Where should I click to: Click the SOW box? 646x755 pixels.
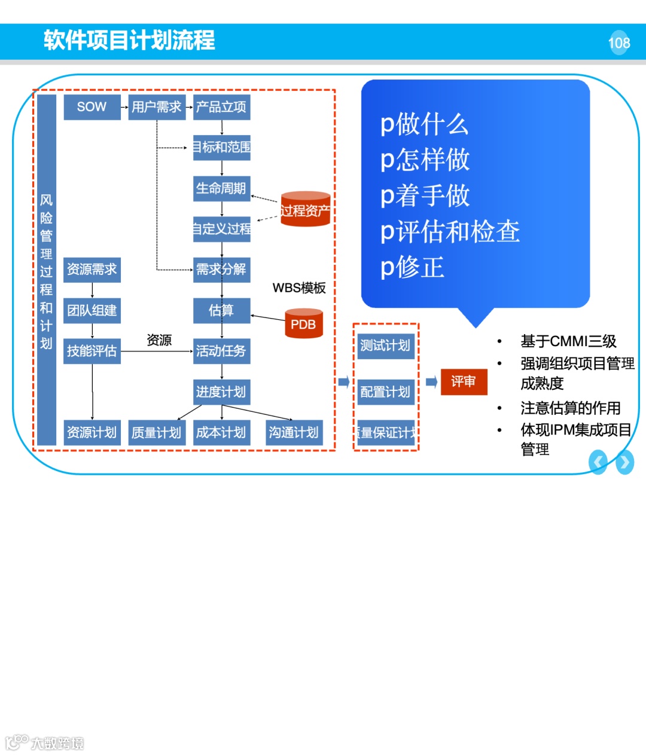92,107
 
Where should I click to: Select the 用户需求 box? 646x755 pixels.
157,107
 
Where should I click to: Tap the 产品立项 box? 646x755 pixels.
221,107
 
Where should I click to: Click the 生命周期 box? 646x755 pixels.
221,188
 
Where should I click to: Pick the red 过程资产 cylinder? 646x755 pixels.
305,209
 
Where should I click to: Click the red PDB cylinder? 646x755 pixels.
303,324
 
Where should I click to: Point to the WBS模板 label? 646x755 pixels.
299,288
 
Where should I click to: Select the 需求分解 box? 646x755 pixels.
221,270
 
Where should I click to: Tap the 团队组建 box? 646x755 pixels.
92,310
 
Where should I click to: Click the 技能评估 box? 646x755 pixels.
92,351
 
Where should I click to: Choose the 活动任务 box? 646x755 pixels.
221,351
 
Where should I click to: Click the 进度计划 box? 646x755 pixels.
221,392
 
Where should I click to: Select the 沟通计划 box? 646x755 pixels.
294,432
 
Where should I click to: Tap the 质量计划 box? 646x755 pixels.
157,432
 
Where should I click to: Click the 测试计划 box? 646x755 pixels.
385,346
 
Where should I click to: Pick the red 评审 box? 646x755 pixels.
464,381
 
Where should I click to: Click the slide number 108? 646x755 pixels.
619,43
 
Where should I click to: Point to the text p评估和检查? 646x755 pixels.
450,231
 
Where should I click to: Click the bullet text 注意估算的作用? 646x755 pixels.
570,408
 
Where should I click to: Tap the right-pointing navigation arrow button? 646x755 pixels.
624,462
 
